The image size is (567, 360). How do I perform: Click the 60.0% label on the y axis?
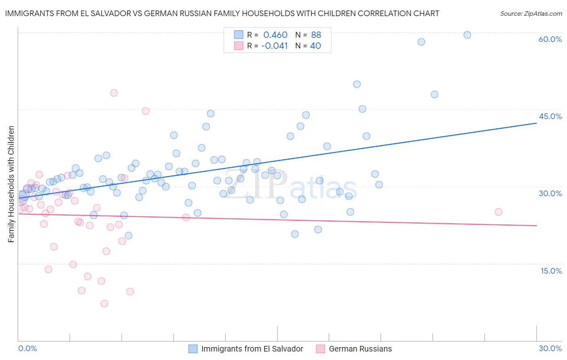coord(550,39)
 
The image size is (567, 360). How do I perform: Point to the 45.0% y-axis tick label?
coord(550,116)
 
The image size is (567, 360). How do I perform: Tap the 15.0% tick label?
coord(551,271)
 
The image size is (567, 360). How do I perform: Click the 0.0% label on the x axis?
coord(27,349)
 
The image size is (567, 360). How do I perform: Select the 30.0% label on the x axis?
coord(550,349)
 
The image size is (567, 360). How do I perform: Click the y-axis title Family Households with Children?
coord(11,184)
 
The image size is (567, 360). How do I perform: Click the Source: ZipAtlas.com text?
coord(531,14)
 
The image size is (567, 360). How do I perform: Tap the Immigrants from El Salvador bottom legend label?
coord(252,349)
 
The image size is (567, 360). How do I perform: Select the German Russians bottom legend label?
coord(360,349)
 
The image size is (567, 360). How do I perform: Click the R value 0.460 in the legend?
coord(275,35)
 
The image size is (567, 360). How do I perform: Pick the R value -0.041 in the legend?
coord(275,46)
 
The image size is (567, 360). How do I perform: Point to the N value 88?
coord(316,35)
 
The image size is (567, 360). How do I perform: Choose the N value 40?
coord(315,46)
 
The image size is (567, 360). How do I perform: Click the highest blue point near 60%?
coord(467,35)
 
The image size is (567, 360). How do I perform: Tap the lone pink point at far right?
coord(498,212)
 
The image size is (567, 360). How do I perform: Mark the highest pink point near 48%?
coord(114,93)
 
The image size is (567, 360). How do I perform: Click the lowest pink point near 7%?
coord(104,303)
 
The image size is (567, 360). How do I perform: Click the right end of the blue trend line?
coord(536,123)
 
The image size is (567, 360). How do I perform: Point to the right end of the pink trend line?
coord(536,226)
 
